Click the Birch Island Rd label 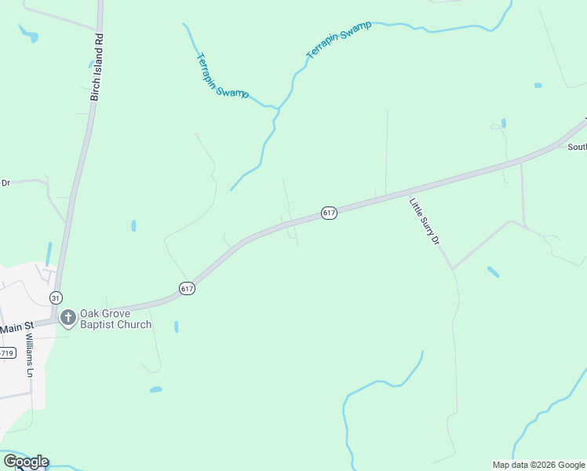tap(97, 68)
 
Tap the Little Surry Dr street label tap(424, 222)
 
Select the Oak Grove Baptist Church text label tap(115, 319)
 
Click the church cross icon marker tap(68, 318)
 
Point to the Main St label tap(17, 327)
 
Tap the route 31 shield tap(55, 298)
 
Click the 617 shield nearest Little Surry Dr tap(329, 213)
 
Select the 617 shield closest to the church tap(186, 289)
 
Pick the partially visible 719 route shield tap(6, 353)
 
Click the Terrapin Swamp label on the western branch tap(221, 76)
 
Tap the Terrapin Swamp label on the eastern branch tap(338, 40)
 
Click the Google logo tap(26, 461)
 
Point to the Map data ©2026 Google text tap(539, 465)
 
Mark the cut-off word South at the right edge tap(577, 147)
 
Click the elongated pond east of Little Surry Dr tap(493, 272)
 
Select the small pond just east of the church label tap(176, 327)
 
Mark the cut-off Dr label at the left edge tap(5, 183)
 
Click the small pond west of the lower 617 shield tap(133, 226)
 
